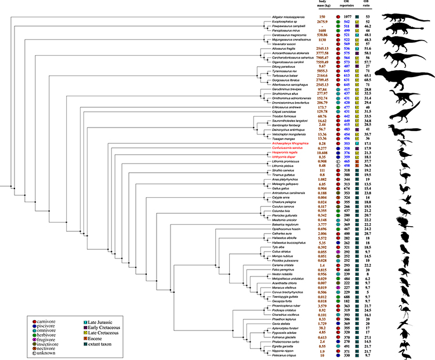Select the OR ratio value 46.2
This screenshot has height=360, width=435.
[x=383, y=27]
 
